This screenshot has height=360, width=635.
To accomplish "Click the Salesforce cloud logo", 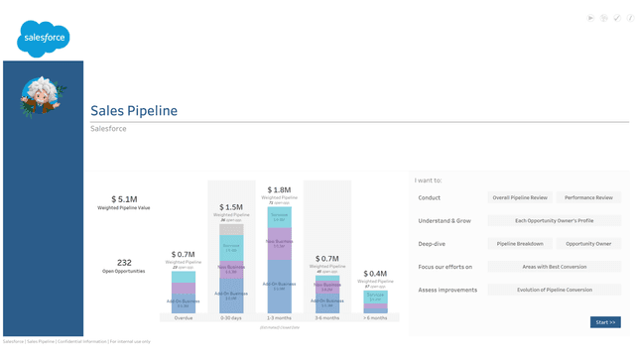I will tap(43, 39).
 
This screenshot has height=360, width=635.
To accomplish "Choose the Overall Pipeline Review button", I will tap(520, 197).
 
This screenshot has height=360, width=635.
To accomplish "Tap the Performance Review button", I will tap(588, 197).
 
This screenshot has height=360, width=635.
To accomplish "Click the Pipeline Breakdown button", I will tap(520, 243).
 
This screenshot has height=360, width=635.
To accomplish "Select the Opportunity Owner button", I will tap(588, 243).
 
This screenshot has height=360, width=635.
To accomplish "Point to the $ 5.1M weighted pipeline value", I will tap(124, 199).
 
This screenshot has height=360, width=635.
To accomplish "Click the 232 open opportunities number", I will tap(124, 263).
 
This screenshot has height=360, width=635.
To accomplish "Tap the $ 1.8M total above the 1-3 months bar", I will tap(279, 189).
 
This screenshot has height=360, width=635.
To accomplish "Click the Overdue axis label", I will tap(184, 317).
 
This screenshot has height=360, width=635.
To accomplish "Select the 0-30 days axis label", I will tap(231, 317).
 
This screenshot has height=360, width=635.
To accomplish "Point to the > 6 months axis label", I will tap(375, 317).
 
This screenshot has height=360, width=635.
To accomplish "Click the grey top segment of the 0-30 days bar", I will tap(231, 229).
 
